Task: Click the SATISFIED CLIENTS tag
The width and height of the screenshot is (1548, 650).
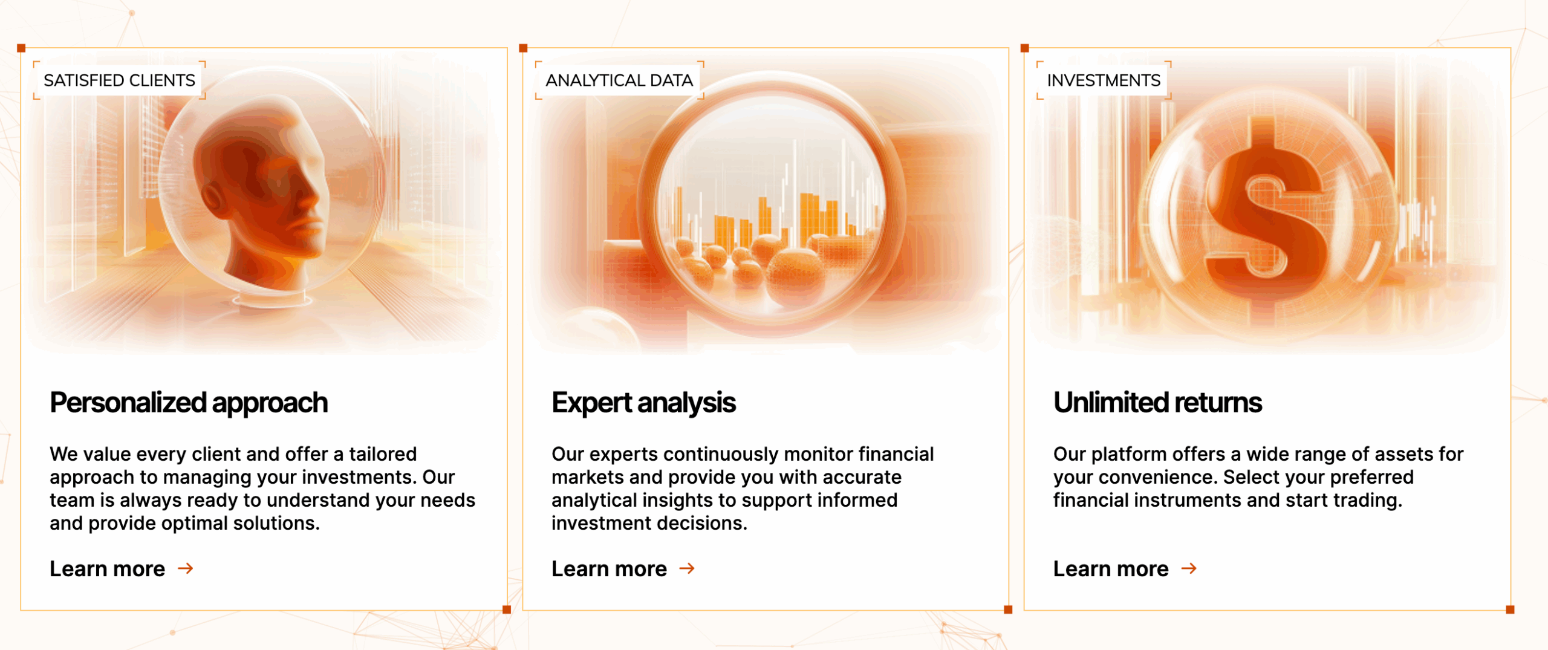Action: point(119,80)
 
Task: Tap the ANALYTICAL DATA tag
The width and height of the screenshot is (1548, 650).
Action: point(619,80)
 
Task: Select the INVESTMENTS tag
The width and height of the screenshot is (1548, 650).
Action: point(1104,80)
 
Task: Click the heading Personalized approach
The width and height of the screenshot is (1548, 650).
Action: point(189,403)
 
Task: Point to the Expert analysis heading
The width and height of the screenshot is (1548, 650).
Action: point(643,403)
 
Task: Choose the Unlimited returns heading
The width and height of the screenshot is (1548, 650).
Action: point(1157,403)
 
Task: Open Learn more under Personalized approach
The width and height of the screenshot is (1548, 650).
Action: point(107,568)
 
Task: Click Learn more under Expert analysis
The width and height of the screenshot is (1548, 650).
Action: point(609,568)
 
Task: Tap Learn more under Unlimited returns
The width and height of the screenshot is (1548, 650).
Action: point(1111,568)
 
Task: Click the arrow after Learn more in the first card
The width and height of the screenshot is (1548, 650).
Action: point(186,568)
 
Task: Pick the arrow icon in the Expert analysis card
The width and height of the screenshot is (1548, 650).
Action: point(687,568)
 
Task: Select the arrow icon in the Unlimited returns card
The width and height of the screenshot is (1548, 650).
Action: point(1189,568)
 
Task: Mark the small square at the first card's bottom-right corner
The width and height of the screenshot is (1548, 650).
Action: point(507,609)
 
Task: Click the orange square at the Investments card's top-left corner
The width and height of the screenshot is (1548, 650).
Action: point(1024,48)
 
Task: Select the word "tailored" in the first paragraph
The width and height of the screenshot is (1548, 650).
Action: point(383,453)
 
